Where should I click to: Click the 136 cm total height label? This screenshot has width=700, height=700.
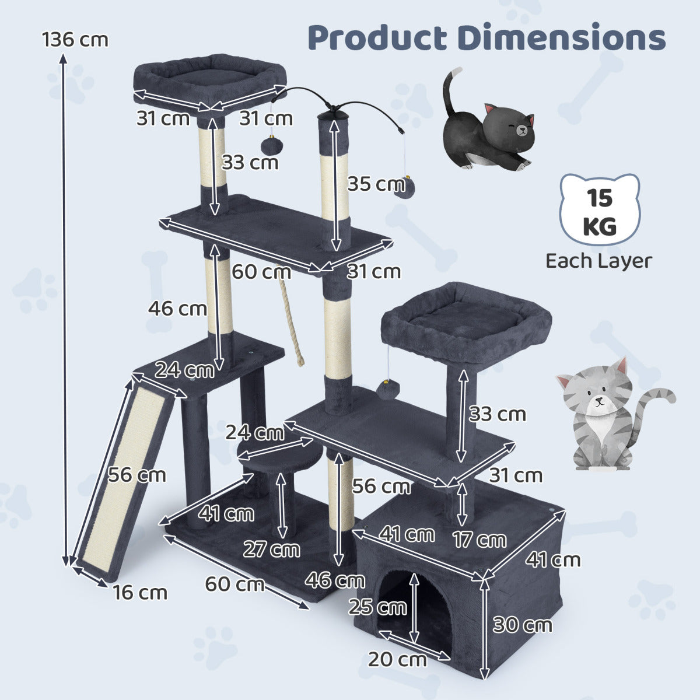75,40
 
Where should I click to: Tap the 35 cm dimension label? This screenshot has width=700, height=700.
376,184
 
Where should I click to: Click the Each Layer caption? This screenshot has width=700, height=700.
599,261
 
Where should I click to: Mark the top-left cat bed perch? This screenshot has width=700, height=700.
211,82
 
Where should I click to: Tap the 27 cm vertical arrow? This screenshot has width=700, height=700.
281,505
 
